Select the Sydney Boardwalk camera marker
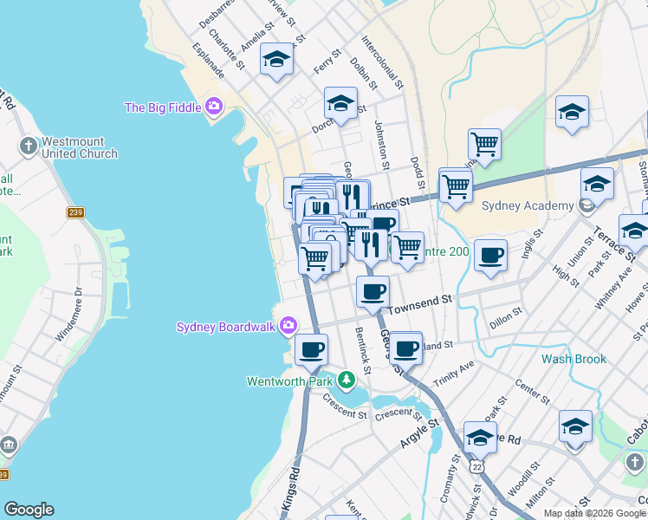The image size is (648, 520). click(x=288, y=327)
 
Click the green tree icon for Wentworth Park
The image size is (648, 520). click(x=347, y=380)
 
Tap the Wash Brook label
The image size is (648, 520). click(x=573, y=359)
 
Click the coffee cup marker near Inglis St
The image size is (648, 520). click(x=490, y=256)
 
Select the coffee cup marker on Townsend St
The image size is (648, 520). click(x=373, y=292)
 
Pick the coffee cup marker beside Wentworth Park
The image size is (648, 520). click(x=311, y=350)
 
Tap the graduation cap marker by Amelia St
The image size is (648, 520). click(x=276, y=59)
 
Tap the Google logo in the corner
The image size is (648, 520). click(x=29, y=510)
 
